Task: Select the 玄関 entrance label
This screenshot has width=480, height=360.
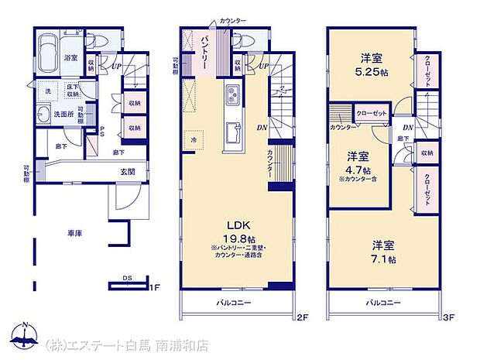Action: pyautogui.click(x=128, y=173)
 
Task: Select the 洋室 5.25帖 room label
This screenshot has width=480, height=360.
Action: pyautogui.click(x=370, y=66)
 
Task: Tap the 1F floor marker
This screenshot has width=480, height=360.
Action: pyautogui.click(x=155, y=288)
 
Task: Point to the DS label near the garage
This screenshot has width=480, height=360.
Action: pyautogui.click(x=125, y=278)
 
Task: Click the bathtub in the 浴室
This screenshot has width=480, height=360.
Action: pyautogui.click(x=47, y=50)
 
